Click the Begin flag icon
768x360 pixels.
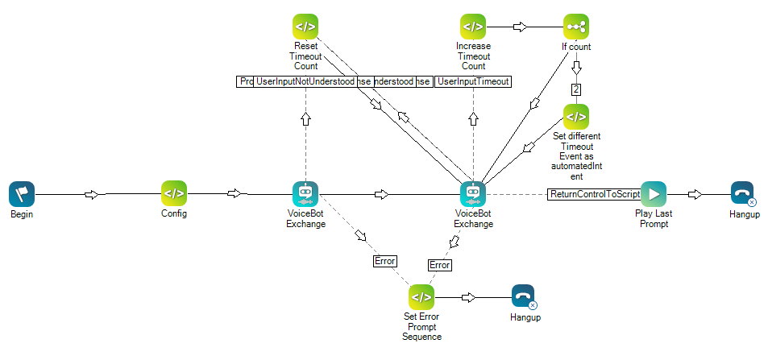(x=22, y=194)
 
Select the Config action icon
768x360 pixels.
(x=174, y=194)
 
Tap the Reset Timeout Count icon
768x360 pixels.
(x=305, y=27)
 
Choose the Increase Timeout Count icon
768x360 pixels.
(x=473, y=27)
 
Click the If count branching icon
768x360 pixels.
(x=576, y=27)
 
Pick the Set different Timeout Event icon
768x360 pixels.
(x=576, y=117)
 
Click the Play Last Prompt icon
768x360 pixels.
(x=653, y=194)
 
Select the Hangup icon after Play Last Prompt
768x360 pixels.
(x=743, y=194)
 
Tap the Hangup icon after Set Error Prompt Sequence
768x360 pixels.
(x=524, y=297)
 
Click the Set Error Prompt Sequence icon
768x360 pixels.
(x=421, y=297)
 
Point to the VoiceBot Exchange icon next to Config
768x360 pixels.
(x=305, y=194)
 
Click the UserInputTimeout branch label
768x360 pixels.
(x=474, y=81)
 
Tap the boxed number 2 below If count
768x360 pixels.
(x=576, y=89)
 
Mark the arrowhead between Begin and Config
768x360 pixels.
(x=92, y=194)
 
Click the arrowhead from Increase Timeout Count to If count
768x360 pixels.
(x=521, y=27)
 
